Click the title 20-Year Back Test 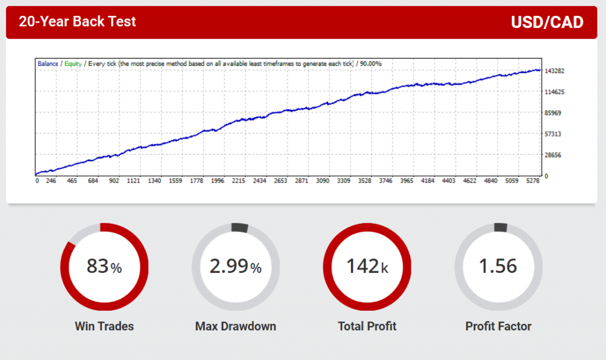(78, 22)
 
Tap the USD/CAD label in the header (547, 22)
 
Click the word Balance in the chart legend (48, 63)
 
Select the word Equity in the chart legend (73, 63)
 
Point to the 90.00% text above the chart (370, 63)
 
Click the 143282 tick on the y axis (555, 71)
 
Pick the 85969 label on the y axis (553, 113)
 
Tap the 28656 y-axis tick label (553, 155)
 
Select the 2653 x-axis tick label (281, 181)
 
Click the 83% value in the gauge (104, 266)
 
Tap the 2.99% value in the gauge (235, 266)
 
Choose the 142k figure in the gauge (367, 266)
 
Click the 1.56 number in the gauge (498, 266)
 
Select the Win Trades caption (104, 326)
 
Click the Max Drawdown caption (236, 326)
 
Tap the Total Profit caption (367, 326)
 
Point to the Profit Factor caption (498, 326)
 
